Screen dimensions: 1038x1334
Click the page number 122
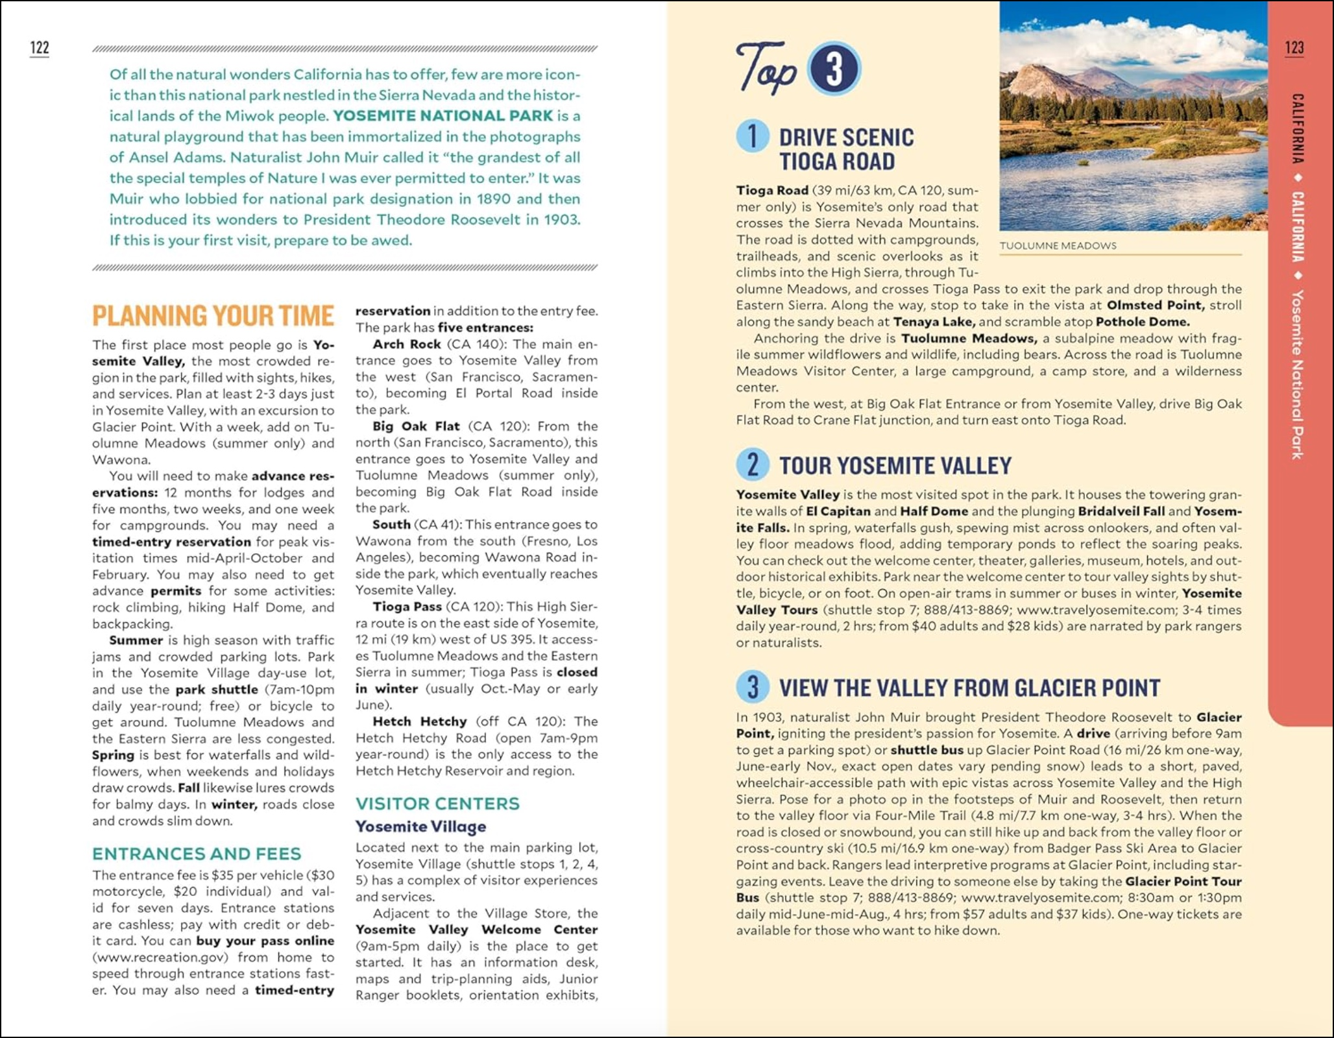[40, 47]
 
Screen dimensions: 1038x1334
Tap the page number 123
[1294, 47]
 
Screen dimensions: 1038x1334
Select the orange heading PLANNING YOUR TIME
[213, 316]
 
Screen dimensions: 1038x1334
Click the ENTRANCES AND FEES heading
[197, 854]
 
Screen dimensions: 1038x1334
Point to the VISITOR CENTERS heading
[437, 804]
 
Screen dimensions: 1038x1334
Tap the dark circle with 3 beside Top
[834, 69]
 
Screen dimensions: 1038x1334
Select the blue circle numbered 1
[753, 136]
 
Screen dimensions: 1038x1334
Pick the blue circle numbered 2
[753, 465]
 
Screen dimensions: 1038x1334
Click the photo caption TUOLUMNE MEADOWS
[1058, 246]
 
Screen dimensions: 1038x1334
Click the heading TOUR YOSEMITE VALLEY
[895, 466]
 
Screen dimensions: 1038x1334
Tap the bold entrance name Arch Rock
[407, 344]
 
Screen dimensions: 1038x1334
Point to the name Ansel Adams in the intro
[169, 158]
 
